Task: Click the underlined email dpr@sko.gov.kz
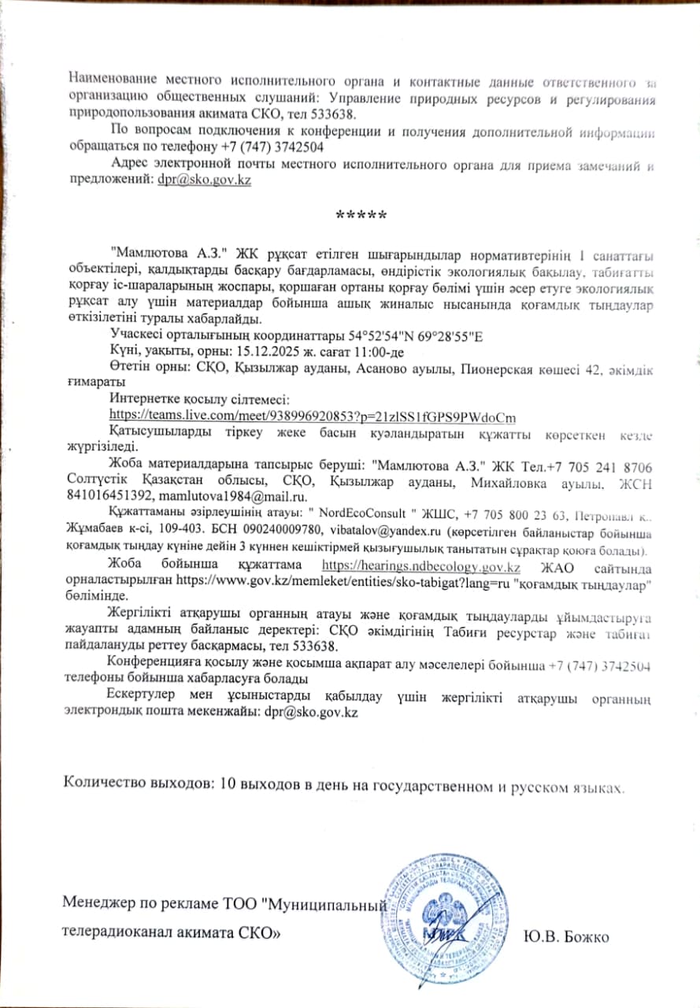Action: pyautogui.click(x=204, y=180)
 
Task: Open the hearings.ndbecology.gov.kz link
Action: pyautogui.click(x=421, y=567)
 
